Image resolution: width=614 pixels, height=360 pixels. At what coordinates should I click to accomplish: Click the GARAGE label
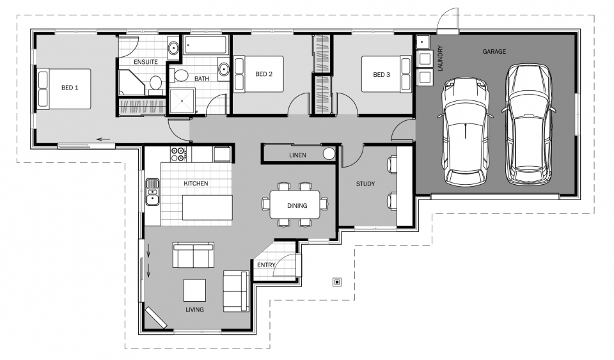[494, 51]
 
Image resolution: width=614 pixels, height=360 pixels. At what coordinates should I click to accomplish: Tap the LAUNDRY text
[440, 59]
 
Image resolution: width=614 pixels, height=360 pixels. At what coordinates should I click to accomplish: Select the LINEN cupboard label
[297, 155]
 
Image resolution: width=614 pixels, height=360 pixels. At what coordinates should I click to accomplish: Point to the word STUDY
[365, 184]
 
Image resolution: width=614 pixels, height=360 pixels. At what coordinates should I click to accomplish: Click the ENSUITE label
[146, 62]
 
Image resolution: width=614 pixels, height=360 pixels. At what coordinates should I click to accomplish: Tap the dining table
[294, 204]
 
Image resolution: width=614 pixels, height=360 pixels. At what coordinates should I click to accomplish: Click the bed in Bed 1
[64, 89]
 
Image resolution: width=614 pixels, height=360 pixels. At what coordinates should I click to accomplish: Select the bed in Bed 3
[386, 74]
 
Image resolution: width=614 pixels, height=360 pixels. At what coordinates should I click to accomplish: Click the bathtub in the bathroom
[205, 45]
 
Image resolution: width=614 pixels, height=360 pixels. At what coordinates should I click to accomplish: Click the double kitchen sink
[152, 192]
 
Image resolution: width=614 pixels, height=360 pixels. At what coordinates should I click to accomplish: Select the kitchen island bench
[207, 207]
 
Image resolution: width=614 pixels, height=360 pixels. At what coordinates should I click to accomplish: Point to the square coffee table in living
[194, 290]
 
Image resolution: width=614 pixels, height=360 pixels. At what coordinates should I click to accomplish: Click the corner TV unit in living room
[156, 317]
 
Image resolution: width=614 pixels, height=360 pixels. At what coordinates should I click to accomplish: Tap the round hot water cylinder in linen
[329, 153]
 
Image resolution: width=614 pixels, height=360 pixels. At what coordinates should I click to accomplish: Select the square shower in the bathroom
[182, 100]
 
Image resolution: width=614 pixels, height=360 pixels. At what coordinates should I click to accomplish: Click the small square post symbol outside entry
[337, 282]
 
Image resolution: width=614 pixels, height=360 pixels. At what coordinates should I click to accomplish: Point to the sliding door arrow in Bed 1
[104, 139]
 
